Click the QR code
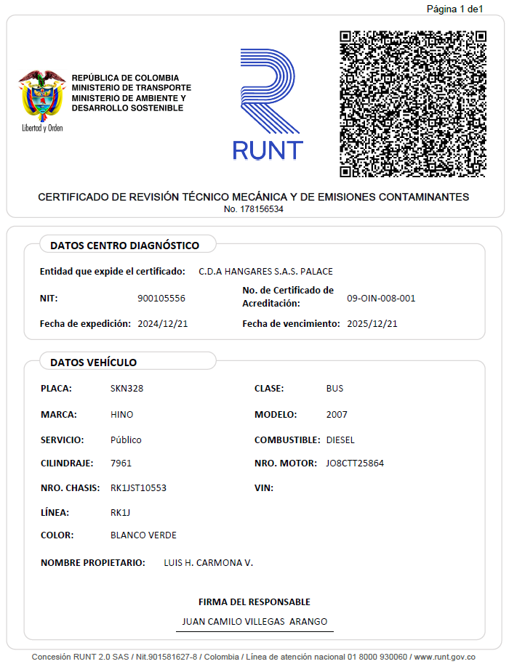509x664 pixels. click(x=412, y=104)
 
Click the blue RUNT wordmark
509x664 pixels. click(x=268, y=150)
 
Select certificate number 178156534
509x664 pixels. click(x=254, y=209)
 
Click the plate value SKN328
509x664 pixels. click(x=127, y=388)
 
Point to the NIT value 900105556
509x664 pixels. click(x=161, y=298)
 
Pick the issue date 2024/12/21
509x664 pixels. click(x=163, y=323)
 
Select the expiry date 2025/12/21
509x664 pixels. click(x=372, y=323)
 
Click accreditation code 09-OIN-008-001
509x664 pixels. click(x=381, y=298)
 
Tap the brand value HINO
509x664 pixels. click(x=121, y=414)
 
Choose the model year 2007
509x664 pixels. click(x=337, y=414)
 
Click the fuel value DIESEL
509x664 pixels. click(x=340, y=440)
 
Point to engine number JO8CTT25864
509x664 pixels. click(x=355, y=463)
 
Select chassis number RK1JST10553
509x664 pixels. click(x=138, y=487)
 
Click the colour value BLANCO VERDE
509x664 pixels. click(x=143, y=535)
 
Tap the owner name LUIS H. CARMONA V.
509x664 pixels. click(x=208, y=562)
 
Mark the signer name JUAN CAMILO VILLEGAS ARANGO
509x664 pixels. click(x=254, y=621)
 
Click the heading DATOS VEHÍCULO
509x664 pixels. click(x=93, y=362)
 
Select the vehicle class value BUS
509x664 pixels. click(x=334, y=388)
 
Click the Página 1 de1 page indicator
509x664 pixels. click(x=454, y=9)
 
